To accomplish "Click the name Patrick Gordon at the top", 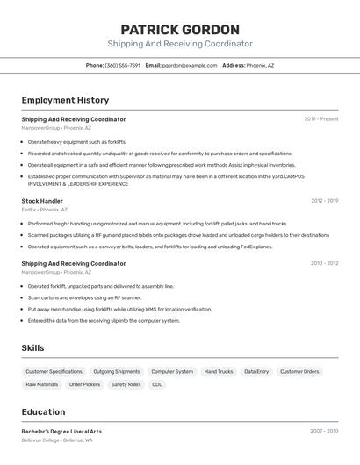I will pyautogui.click(x=180, y=30).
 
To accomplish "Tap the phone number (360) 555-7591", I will pyautogui.click(x=122, y=65).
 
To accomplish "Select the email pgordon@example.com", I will pyautogui.click(x=189, y=65).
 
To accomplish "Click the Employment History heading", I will pyautogui.click(x=65, y=100).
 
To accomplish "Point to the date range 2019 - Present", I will pyautogui.click(x=321, y=118).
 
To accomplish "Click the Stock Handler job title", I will pyautogui.click(x=42, y=201).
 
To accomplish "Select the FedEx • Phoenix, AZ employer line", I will pyautogui.click(x=44, y=210).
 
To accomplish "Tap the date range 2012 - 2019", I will pyautogui.click(x=324, y=201).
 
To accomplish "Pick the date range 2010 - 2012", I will pyautogui.click(x=324, y=263).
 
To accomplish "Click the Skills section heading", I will pyautogui.click(x=32, y=348).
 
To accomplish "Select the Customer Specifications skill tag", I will pyautogui.click(x=54, y=371).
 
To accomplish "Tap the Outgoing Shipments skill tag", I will pyautogui.click(x=117, y=371).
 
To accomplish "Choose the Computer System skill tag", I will pyautogui.click(x=172, y=371).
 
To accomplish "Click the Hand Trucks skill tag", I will pyautogui.click(x=219, y=371).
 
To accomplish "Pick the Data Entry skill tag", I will pyautogui.click(x=256, y=371).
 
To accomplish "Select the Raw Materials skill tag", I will pyautogui.click(x=41, y=384).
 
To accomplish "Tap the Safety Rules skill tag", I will pyautogui.click(x=126, y=384).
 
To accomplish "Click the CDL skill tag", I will pyautogui.click(x=157, y=384).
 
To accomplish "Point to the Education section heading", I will pyautogui.click(x=43, y=411).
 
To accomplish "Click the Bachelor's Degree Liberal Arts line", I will pyautogui.click(x=61, y=431).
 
